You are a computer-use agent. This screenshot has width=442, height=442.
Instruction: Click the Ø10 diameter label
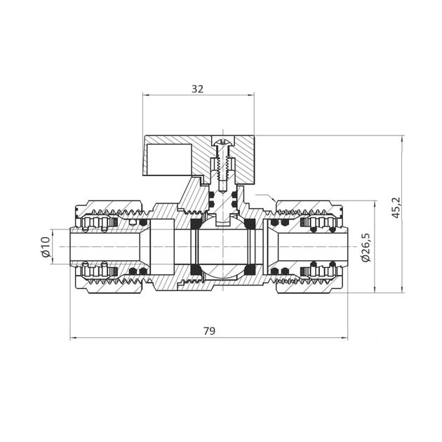(45, 248)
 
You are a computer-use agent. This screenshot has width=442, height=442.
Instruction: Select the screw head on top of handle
(223, 145)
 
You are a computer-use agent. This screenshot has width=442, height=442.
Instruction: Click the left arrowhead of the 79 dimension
(74, 337)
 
